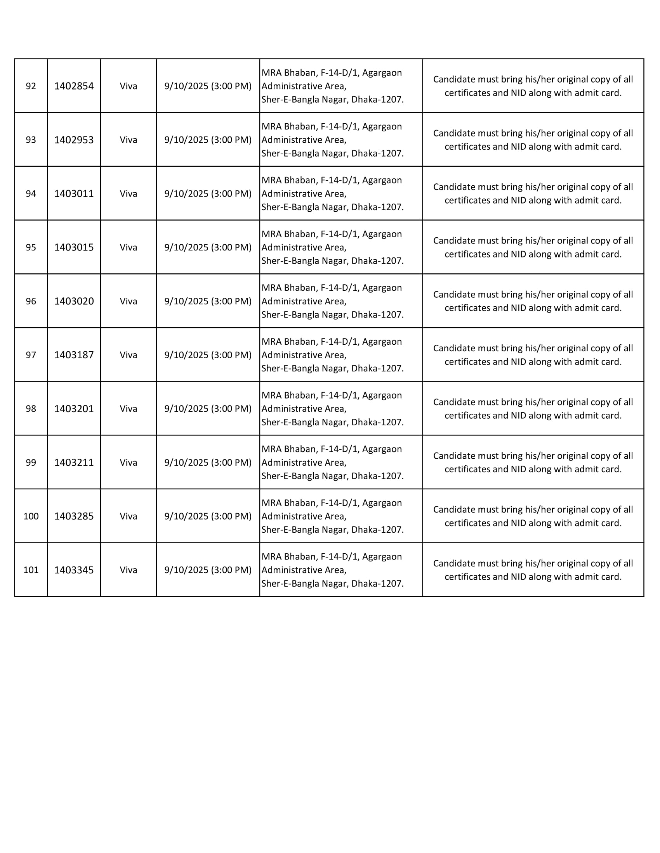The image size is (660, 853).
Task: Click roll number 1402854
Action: click(x=74, y=86)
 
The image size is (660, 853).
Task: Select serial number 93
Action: click(x=31, y=140)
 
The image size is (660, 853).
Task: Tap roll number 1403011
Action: click(x=74, y=194)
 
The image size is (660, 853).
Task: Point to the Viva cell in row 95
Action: click(x=128, y=247)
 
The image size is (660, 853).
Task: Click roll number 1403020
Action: click(x=74, y=301)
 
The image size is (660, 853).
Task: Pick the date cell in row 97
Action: click(x=208, y=355)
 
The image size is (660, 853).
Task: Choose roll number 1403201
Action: click(x=74, y=409)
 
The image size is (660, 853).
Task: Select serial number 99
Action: click(x=31, y=463)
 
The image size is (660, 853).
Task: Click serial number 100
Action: click(x=31, y=516)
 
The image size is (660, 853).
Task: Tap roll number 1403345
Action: click(x=74, y=570)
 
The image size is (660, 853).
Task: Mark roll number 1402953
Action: click(x=74, y=140)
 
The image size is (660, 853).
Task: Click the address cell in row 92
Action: click(x=332, y=86)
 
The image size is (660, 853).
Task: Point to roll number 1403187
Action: click(x=74, y=355)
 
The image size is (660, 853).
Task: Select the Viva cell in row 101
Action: click(x=128, y=570)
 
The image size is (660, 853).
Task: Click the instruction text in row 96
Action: click(x=533, y=301)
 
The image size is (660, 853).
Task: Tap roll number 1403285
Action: click(x=74, y=516)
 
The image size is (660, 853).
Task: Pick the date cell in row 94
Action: click(x=208, y=194)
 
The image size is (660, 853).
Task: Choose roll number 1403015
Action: click(x=74, y=247)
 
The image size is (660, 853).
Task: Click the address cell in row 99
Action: click(x=332, y=463)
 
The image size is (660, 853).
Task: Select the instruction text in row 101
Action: click(x=533, y=570)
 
